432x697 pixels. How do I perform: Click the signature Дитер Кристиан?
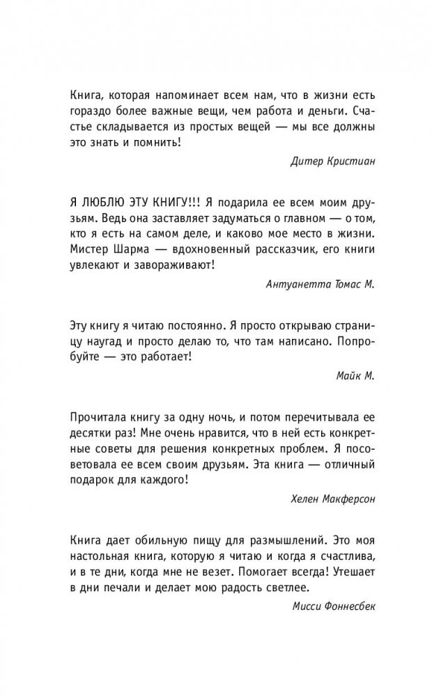pos(329,162)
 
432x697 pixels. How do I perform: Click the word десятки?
pos(91,432)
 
